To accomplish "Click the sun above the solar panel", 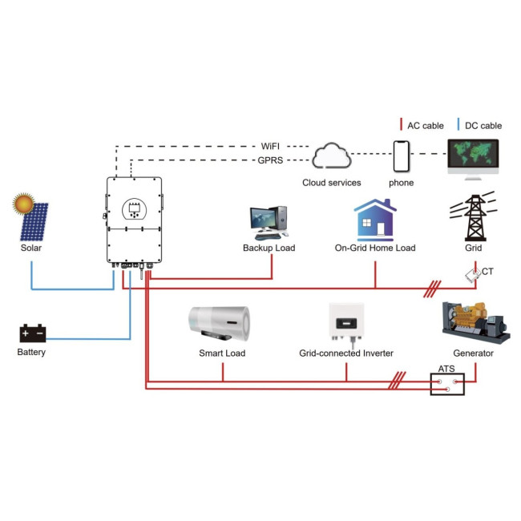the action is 23,204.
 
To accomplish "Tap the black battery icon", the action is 33,333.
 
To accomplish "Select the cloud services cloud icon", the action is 331,156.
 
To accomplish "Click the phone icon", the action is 401,156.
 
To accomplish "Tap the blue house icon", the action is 375,220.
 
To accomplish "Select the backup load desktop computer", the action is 269,223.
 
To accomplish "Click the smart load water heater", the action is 220,323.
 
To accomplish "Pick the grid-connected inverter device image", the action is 346,323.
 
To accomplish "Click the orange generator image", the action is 475,323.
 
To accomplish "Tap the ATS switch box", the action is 447,384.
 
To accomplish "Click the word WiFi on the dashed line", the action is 270,146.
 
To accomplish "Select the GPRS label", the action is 270,160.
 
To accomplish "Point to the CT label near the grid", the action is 487,272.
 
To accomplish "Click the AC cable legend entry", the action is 422,125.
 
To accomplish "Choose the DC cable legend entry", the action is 479,125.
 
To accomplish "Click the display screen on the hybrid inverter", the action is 134,208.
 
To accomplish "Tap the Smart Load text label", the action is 222,353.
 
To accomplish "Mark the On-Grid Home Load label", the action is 375,248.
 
